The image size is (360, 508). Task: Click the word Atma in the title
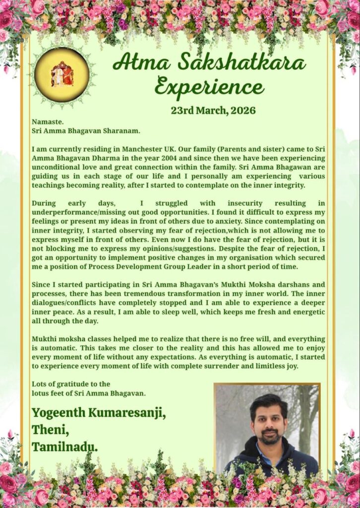pos(137,63)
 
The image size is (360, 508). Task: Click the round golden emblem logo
pos(62,75)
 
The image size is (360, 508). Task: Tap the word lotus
pos(42,393)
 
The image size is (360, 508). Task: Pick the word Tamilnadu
pos(64,446)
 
